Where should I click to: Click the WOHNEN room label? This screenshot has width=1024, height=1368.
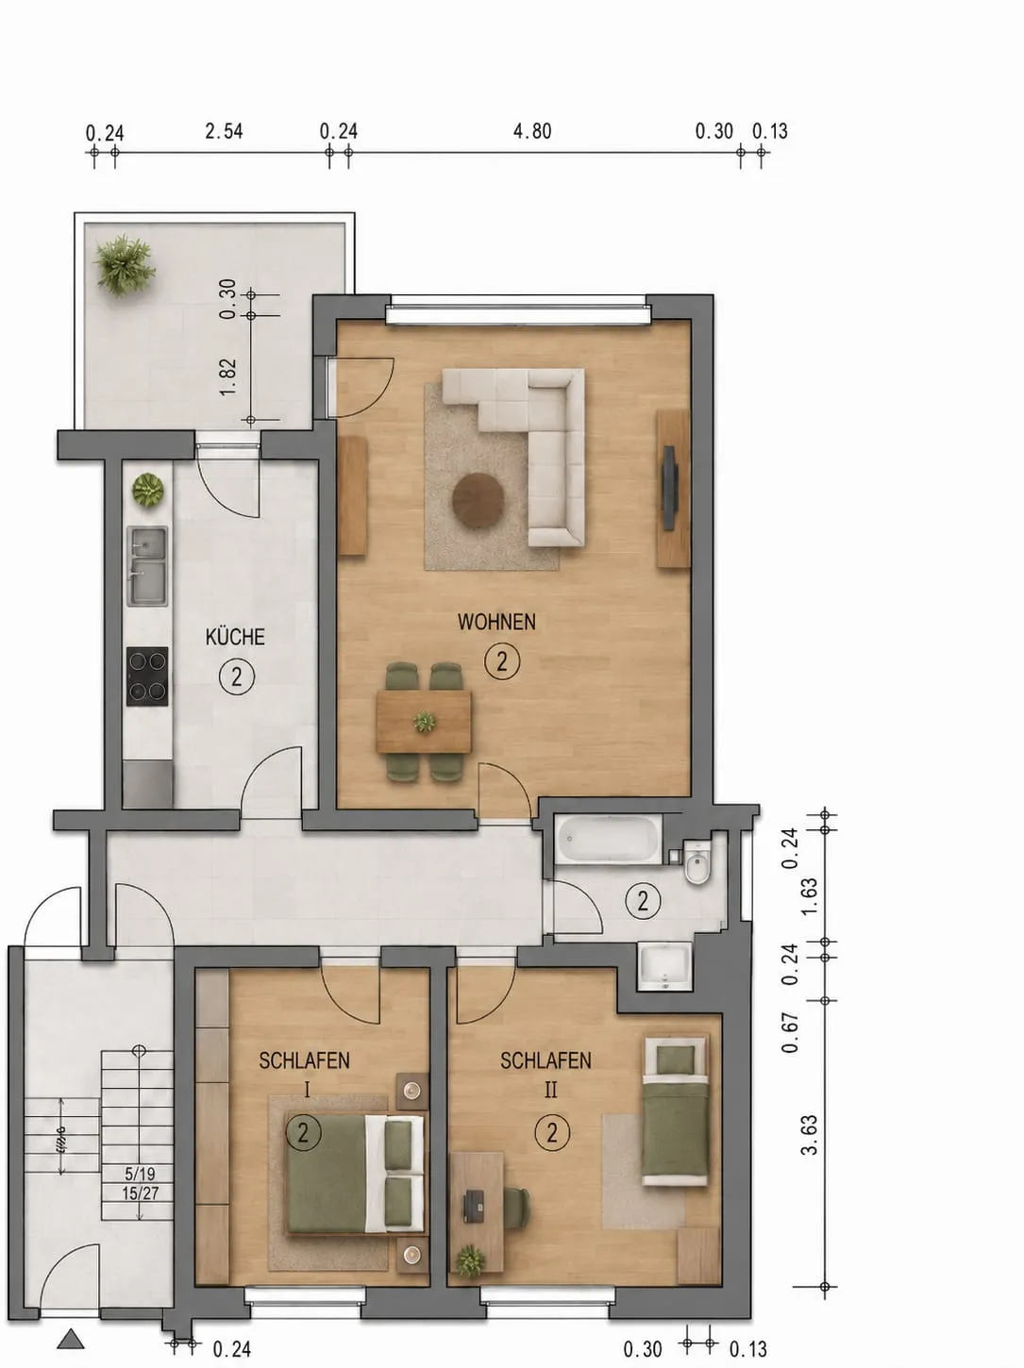(496, 622)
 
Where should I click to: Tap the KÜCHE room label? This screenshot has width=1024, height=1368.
(235, 636)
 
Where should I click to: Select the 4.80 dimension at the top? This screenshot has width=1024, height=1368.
(532, 131)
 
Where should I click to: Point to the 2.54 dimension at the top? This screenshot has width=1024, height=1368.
(224, 131)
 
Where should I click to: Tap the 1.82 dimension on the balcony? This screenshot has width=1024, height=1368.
(228, 375)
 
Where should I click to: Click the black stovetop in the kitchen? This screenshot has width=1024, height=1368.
(147, 676)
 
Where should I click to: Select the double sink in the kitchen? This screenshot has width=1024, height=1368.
(148, 566)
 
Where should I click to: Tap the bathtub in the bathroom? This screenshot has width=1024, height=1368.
(609, 840)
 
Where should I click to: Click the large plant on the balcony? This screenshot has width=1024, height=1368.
(124, 265)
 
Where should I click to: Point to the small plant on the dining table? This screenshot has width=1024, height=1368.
(425, 722)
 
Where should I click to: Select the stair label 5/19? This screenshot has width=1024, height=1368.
(140, 1175)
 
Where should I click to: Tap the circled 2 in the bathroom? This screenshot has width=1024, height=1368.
(643, 901)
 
